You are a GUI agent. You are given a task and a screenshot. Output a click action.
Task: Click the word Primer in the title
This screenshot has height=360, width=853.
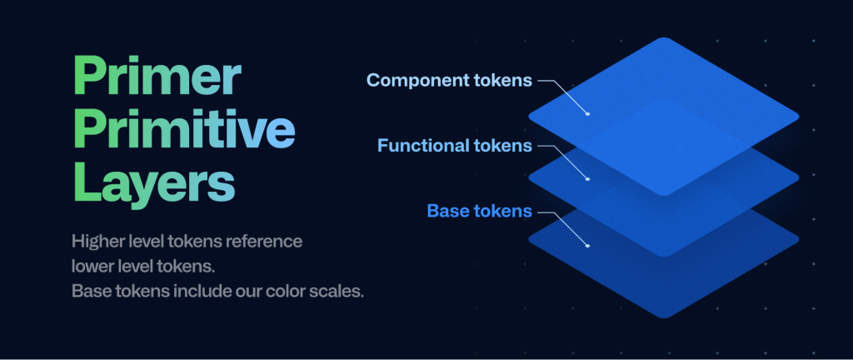pos(157,78)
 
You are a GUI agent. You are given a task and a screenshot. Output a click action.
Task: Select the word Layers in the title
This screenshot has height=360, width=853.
pos(154,185)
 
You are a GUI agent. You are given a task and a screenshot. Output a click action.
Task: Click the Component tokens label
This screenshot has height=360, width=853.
pos(449,81)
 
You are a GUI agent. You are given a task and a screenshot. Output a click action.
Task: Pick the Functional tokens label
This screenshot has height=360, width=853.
pos(454,146)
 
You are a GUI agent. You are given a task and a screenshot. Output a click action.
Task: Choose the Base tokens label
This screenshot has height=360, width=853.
pos(479,211)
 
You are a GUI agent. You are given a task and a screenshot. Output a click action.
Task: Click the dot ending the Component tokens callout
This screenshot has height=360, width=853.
pos(587,113)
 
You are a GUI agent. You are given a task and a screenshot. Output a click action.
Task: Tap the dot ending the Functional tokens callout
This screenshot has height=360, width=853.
pos(587,179)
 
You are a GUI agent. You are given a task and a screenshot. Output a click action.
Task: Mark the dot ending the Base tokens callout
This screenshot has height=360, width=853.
pos(587,246)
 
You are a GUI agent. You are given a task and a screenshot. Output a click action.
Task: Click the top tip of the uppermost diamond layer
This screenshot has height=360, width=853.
pos(664,37)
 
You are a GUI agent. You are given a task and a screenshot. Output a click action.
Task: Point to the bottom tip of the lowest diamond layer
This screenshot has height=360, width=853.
pos(664,318)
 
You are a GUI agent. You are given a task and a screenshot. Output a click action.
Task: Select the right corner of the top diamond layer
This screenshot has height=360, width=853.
pos(799,117)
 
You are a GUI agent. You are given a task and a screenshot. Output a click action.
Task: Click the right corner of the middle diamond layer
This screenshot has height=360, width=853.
pos(799,177)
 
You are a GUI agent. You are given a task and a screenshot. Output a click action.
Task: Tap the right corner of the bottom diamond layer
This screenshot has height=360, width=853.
pos(799,238)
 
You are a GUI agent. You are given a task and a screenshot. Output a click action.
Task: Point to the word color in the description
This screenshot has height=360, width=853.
pos(287,291)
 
